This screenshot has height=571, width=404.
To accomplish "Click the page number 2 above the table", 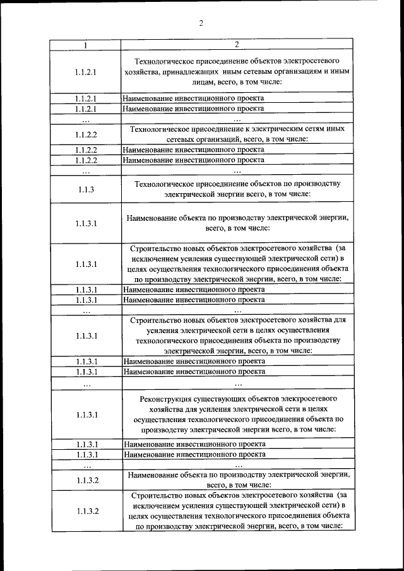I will tap(201, 24).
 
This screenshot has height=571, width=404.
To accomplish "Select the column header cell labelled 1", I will tap(86, 45).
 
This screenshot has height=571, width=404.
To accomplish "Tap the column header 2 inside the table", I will tap(237, 45).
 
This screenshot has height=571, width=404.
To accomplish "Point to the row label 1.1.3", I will tap(86, 189).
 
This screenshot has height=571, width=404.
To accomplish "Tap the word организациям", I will tap(300, 72).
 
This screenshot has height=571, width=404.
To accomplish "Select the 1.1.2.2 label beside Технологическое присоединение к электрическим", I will tap(86, 134).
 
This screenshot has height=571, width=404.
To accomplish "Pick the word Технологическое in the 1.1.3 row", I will tap(165, 184).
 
